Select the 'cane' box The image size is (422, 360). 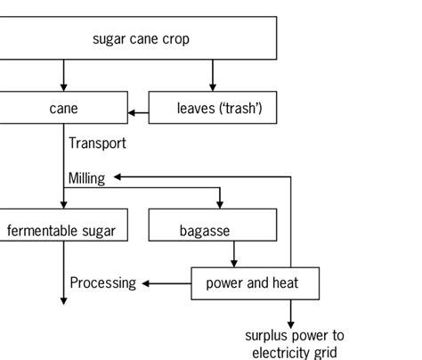pos(63,109)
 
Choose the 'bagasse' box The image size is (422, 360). pos(203,230)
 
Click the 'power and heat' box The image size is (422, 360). pos(253,283)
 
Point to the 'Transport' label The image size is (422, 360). pos(97,143)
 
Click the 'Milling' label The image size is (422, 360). pos(86,178)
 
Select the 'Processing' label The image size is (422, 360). pos(103,283)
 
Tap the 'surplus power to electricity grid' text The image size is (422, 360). pos(294,344)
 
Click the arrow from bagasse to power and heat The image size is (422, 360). pos(233,255)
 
